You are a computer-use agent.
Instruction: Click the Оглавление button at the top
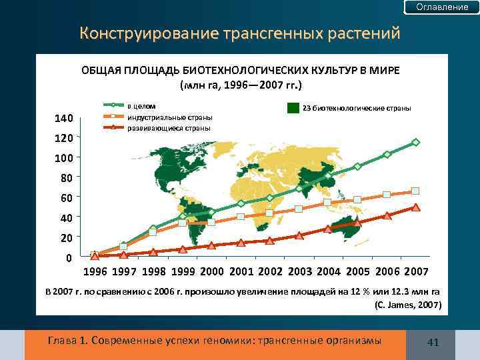(442, 7)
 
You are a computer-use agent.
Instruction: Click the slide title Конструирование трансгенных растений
(239, 33)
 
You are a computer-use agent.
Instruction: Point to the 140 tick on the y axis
(63, 119)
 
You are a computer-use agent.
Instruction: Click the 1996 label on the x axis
(95, 272)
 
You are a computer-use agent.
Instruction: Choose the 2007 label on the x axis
(416, 272)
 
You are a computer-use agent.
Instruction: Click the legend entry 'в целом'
(141, 105)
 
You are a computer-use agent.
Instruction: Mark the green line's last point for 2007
(415, 142)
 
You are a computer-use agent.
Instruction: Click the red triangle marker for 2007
(415, 207)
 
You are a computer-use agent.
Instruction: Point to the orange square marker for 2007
(415, 191)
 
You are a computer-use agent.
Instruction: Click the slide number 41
(433, 343)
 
